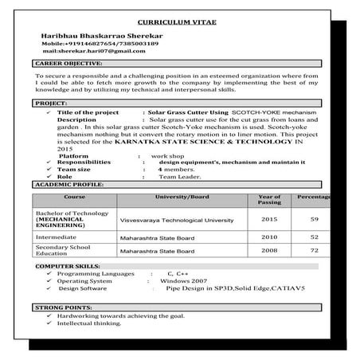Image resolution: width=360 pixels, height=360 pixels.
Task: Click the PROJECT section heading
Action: point(50,104)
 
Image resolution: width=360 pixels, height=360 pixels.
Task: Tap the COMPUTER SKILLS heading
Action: point(68,264)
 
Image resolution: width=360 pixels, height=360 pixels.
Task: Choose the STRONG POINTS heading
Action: point(62,307)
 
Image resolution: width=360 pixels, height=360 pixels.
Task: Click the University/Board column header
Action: point(182,196)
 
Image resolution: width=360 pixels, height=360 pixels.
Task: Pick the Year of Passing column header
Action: point(270,199)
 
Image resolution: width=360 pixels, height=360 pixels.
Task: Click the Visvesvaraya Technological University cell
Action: point(176,219)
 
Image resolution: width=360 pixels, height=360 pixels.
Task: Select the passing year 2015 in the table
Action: point(270,219)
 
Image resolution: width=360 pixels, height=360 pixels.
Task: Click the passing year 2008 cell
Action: point(270,250)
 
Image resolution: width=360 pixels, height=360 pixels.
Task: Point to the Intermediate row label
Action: point(56,237)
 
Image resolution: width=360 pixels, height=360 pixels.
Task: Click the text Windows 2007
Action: point(183,281)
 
